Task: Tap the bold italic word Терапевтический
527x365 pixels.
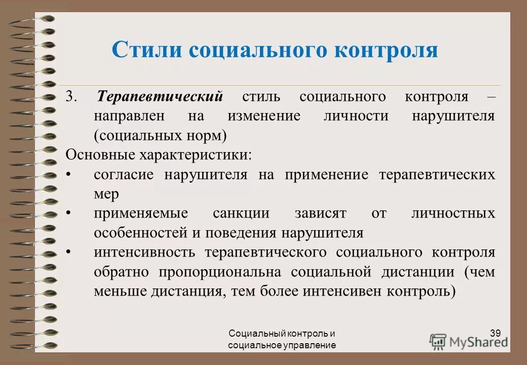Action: coord(160,96)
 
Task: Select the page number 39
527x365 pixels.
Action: coord(496,333)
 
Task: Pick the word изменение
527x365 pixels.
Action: coord(263,116)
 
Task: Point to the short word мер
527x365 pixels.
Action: coord(106,194)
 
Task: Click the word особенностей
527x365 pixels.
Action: coord(135,233)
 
